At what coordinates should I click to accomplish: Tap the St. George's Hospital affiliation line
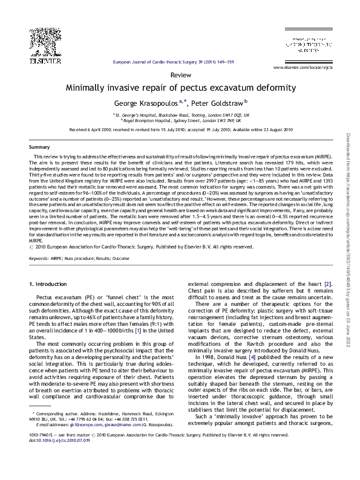180,114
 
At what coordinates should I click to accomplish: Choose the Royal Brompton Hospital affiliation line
180,120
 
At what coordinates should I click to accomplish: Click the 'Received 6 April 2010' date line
180,129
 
